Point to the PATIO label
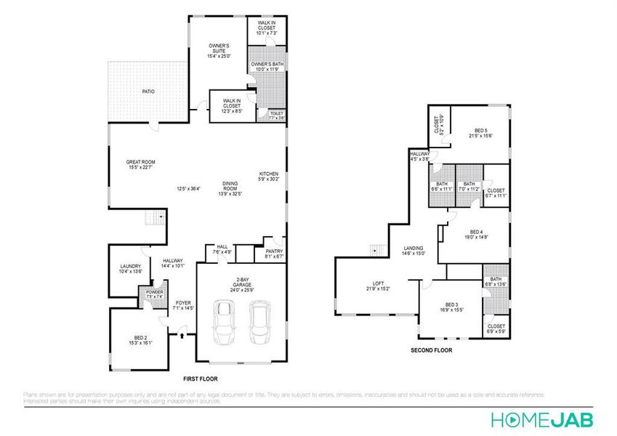pos(148,92)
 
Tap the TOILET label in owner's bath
pos(276,114)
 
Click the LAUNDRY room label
pos(130,267)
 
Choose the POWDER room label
pos(154,293)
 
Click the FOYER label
pos(183,303)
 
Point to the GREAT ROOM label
pos(140,163)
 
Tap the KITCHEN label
pos(269,174)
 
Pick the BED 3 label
pos(451,304)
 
